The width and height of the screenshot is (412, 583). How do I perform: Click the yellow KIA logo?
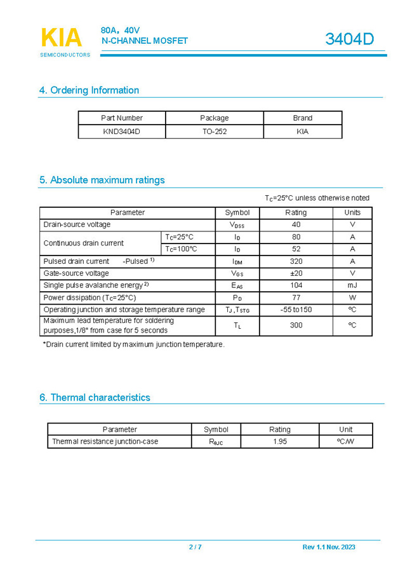pos(62,38)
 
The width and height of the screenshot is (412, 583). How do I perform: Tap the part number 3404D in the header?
pos(349,39)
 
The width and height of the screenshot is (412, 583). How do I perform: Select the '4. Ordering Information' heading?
pos(89,90)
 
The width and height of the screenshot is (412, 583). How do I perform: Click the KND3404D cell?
pos(121,132)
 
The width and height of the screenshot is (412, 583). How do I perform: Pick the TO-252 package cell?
pos(214,132)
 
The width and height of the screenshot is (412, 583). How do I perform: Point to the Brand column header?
pos(302,118)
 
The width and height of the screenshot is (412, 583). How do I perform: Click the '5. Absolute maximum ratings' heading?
pos(102,180)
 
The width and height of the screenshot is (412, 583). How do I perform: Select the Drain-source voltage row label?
pos(77,224)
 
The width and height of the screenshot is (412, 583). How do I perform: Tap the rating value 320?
pos(296,261)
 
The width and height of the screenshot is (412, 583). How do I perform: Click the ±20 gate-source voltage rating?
pos(296,273)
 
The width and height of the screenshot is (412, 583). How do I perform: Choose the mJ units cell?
pos(352,285)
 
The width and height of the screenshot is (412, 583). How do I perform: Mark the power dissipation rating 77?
pos(296,298)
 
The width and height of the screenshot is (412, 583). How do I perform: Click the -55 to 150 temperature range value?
pos(296,310)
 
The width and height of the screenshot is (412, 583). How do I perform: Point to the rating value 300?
pos(296,325)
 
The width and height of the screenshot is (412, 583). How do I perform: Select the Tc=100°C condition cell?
pos(181,249)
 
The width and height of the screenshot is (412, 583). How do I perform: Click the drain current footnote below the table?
pos(133,345)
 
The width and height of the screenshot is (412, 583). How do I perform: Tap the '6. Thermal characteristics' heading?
pos(95,397)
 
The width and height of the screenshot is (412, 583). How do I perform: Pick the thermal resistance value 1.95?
pos(280,441)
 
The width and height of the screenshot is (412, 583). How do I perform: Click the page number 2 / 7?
pos(195,547)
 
